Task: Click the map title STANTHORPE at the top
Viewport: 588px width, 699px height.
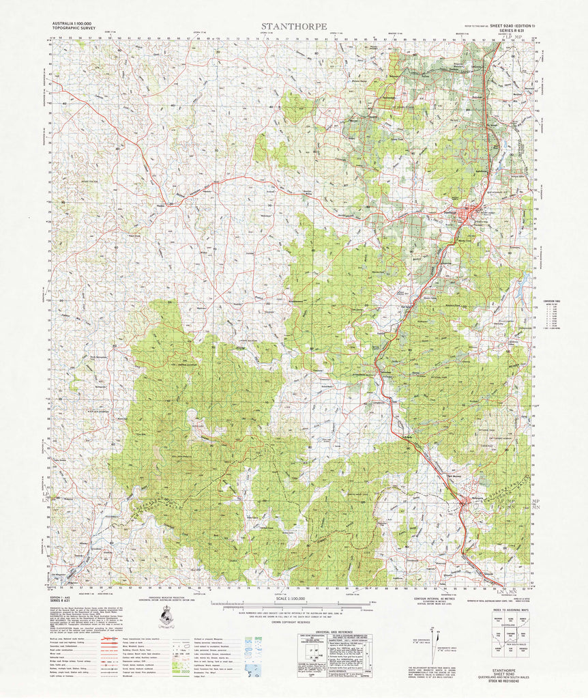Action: pos(293,27)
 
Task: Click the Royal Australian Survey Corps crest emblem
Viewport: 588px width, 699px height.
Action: pos(164,617)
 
